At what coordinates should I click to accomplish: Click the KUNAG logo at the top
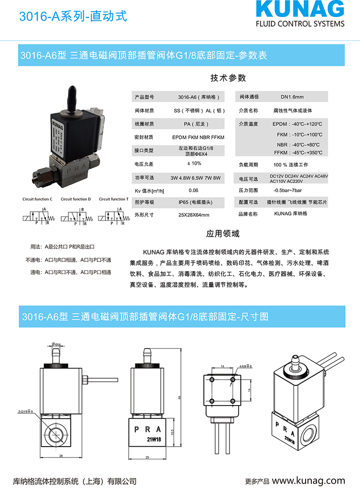(299, 10)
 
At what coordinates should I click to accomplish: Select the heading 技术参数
(228, 78)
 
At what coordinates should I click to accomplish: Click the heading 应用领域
(223, 234)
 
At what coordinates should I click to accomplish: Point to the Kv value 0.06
(193, 190)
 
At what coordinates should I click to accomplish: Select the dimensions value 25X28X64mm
(193, 215)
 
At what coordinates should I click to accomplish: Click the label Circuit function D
(76, 199)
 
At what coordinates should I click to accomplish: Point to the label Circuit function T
(113, 199)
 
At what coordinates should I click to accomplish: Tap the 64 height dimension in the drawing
(179, 397)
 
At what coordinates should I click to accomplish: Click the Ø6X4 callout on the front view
(56, 345)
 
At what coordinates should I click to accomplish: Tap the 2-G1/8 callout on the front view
(26, 411)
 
